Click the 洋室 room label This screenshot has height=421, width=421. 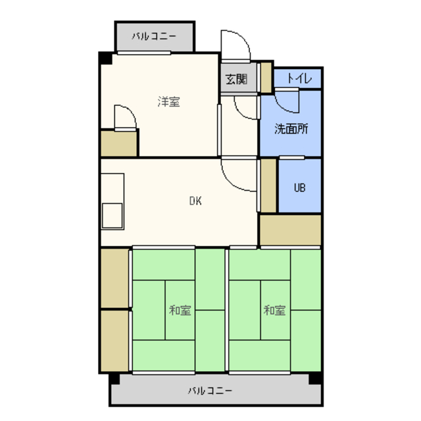coord(168,102)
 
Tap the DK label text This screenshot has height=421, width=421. coord(195,201)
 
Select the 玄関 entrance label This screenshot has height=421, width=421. coord(236,79)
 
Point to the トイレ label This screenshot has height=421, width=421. coord(299,78)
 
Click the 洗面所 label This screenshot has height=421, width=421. coord(291,129)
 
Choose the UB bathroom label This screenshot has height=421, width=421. coord(300,187)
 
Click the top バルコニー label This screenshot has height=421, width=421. coord(154,36)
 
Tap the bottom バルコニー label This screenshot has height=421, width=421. coord(210,390)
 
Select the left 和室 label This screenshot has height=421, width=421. coord(180,310)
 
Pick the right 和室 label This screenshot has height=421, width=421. coord(274,310)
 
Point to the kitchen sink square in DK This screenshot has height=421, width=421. coord(112,216)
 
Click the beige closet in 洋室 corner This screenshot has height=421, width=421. coord(118,143)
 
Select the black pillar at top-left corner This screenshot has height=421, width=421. coord(105,59)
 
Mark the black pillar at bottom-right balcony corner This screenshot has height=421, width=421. coord(315,378)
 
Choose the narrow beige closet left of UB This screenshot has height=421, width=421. coord(268,186)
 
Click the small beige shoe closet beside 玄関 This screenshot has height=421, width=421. coord(266,78)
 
